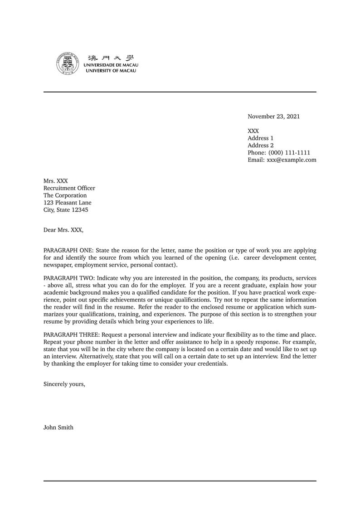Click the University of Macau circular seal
[68, 63]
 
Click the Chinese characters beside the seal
[111, 58]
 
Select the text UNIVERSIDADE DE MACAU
[111, 65]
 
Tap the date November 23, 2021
[273, 116]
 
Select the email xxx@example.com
[292, 160]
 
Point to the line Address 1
[260, 138]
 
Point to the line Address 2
[260, 145]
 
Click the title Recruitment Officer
[69, 188]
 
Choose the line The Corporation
[65, 195]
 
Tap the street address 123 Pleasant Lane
[67, 203]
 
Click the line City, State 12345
[66, 210]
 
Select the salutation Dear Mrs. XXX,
[63, 230]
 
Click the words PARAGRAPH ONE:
[68, 250]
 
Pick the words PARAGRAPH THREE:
[71, 334]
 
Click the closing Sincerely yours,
[64, 384]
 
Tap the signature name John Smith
[58, 427]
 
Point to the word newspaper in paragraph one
[58, 265]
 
